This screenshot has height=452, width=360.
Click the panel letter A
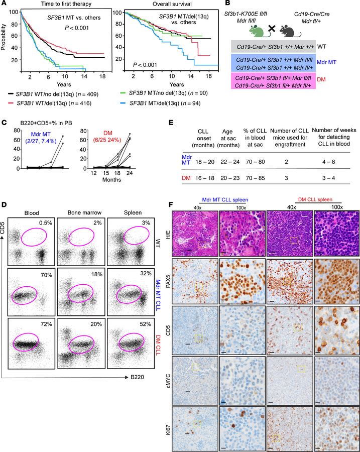coord(4,5)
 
